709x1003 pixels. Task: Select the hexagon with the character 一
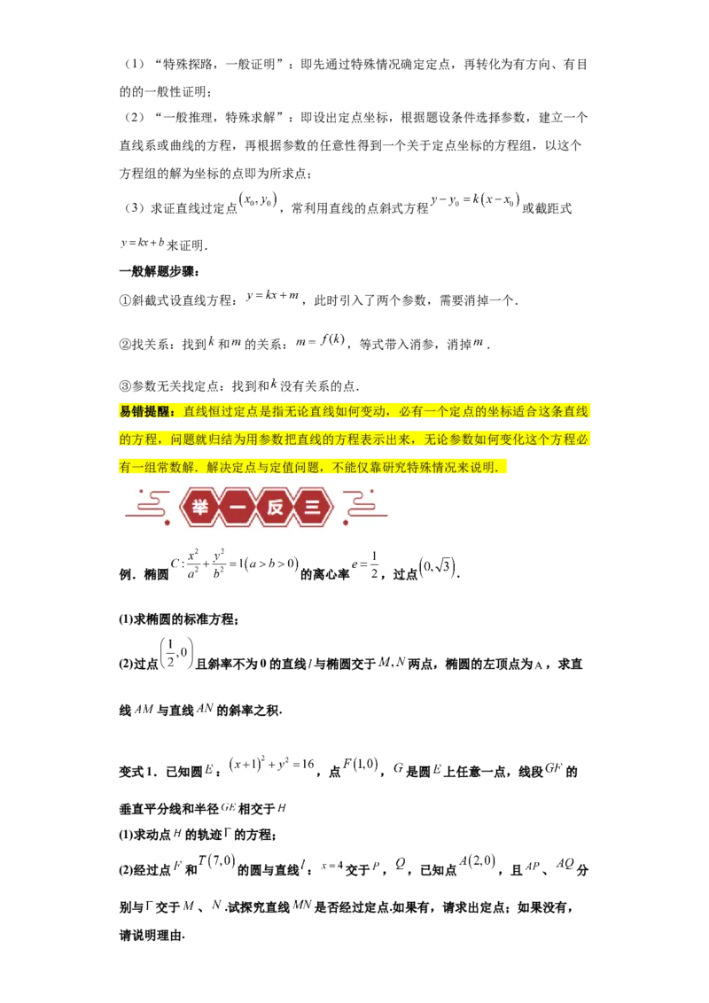point(238,509)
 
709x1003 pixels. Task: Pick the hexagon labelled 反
point(276,509)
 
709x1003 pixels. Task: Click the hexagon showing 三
point(314,509)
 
